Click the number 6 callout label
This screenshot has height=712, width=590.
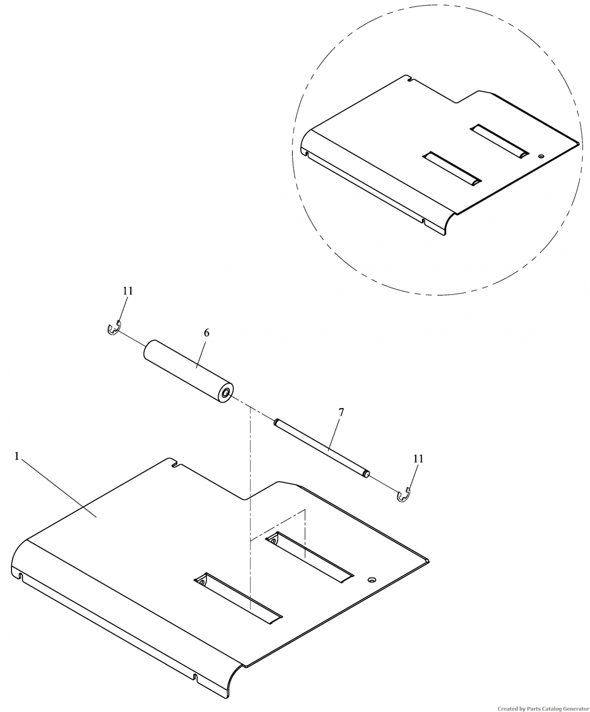coord(206,333)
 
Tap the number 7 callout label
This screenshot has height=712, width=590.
coord(341,413)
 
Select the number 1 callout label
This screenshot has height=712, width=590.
coord(17,456)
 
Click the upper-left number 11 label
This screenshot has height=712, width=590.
coord(128,291)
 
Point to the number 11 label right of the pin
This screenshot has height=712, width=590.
coord(418,459)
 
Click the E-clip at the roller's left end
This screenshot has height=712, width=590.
coord(113,329)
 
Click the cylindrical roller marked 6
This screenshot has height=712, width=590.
coord(188,371)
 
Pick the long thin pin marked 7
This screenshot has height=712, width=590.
coord(321,448)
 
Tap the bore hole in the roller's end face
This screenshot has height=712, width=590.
coord(225,395)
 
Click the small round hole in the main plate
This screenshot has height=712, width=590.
coord(372,579)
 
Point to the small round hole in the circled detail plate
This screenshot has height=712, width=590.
coord(540,156)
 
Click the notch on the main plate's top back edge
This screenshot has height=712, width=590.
coord(176,464)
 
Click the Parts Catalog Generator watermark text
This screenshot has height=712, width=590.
coord(543,708)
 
